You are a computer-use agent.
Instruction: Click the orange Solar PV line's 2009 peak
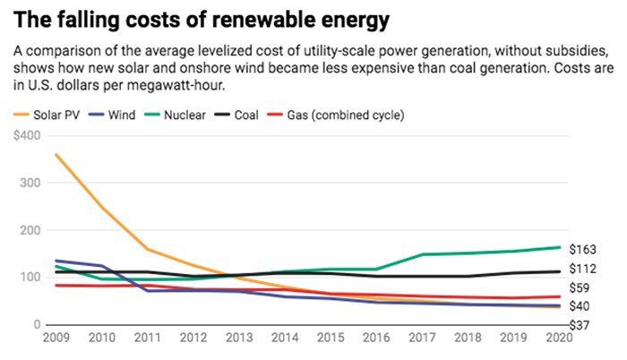56,154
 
